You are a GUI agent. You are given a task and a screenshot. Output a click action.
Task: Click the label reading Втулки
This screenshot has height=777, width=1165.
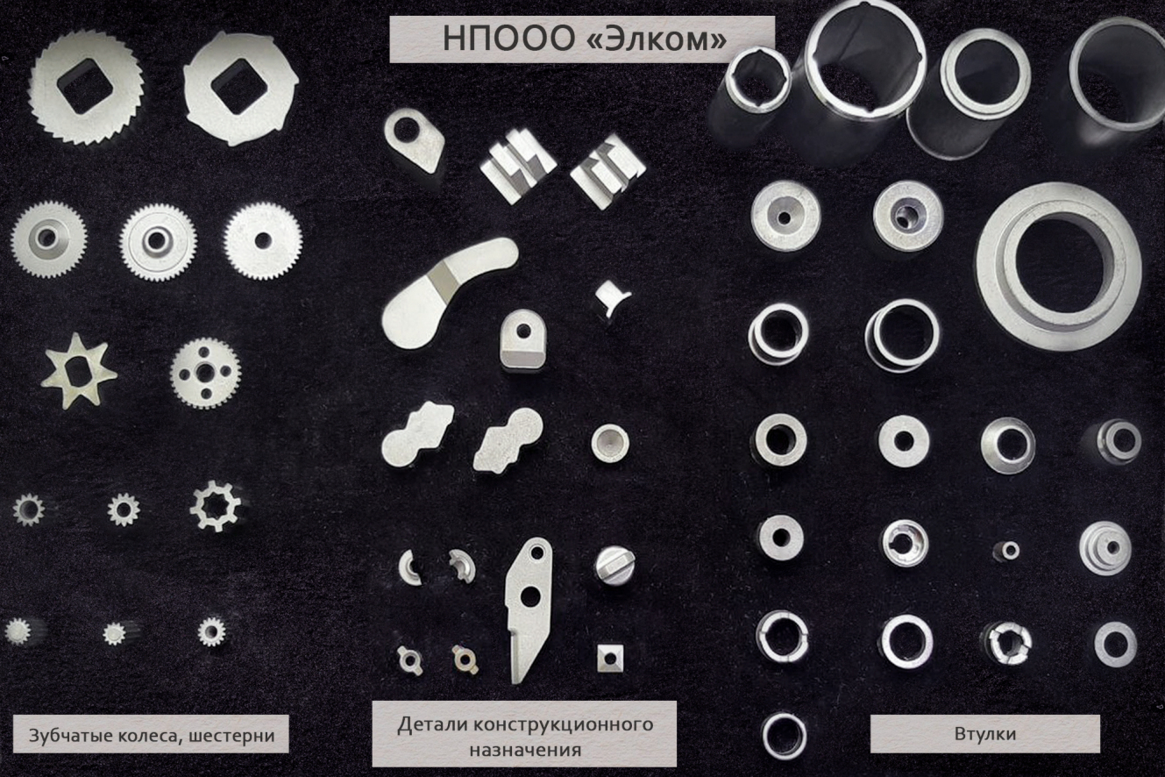pyautogui.click(x=985, y=734)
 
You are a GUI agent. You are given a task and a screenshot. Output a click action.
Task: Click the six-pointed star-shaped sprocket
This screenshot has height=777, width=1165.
pyautogui.click(x=78, y=371)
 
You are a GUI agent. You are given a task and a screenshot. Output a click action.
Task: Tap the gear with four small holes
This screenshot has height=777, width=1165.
pyautogui.click(x=205, y=372)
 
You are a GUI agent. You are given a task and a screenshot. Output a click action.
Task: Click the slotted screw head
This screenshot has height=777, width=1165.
pyautogui.click(x=614, y=565)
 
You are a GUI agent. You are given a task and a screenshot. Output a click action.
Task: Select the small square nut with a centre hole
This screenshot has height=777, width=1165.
pyautogui.click(x=610, y=659)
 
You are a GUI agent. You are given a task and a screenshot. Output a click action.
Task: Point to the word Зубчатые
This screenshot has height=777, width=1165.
pyautogui.click(x=69, y=736)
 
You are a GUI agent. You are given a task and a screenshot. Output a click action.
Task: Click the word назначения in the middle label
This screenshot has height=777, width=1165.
pyautogui.click(x=525, y=750)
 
